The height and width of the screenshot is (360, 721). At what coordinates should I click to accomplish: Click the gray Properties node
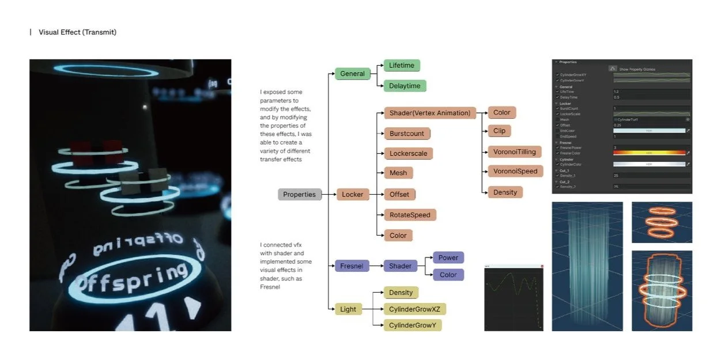pos(299,195)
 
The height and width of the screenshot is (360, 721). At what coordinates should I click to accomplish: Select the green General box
pos(352,74)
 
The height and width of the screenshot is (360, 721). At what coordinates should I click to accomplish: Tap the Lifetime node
pos(402,66)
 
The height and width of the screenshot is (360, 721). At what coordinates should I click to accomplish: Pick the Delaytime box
pos(405,86)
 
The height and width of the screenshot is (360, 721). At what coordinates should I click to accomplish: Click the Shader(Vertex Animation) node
pos(429,113)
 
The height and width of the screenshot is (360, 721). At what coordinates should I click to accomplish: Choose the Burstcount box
pos(406,134)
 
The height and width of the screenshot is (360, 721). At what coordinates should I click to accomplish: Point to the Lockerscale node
pos(408,154)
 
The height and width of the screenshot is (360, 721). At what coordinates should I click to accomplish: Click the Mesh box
pos(398,173)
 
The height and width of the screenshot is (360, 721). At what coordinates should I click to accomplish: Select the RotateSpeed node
pos(410,215)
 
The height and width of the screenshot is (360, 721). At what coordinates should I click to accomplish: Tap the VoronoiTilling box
pos(514,152)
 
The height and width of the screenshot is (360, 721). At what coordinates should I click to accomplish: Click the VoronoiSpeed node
pos(515,171)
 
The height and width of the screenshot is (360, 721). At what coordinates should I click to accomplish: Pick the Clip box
pos(499,131)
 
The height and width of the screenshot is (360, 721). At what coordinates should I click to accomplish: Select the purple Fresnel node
pos(351,266)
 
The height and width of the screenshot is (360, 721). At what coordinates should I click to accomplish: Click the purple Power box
pos(448,258)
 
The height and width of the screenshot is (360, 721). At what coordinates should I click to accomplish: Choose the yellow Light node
pos(348,309)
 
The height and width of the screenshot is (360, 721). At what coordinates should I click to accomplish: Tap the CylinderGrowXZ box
pos(414,309)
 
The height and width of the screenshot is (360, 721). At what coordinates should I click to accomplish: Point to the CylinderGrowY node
pos(412,325)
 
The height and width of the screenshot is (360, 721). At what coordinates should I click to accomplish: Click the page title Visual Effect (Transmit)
pos(77,32)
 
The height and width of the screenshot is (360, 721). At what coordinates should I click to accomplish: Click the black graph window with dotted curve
pos(514,298)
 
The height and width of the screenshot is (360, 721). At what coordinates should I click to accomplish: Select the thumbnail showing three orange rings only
pos(662,222)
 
